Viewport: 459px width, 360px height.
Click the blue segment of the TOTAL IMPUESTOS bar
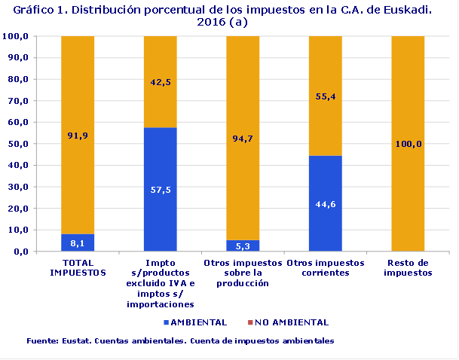point(78,243)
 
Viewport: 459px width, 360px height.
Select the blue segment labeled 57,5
point(160,190)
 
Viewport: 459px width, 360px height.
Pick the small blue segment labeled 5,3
point(243,246)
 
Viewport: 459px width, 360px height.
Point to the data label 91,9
point(78,136)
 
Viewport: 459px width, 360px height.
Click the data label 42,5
point(160,82)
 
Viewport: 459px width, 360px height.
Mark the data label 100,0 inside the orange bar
point(408,144)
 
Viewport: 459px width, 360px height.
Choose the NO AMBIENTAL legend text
point(292,322)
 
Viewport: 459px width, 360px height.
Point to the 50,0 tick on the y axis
point(16,144)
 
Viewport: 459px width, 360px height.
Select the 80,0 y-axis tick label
point(16,79)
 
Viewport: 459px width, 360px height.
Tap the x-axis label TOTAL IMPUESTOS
point(78,268)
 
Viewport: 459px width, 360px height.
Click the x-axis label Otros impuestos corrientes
point(325,268)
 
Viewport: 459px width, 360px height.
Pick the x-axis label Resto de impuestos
point(408,268)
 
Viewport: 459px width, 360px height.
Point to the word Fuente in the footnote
point(41,341)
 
